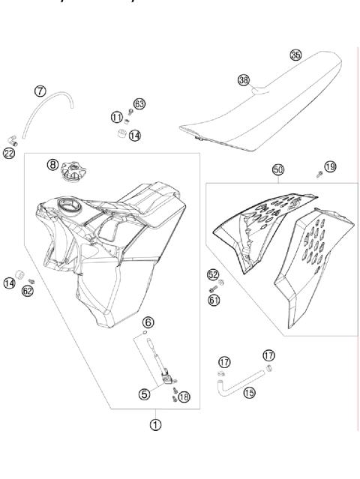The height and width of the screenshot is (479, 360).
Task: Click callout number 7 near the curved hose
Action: click(x=41, y=91)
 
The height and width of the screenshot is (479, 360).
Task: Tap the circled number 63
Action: click(x=139, y=103)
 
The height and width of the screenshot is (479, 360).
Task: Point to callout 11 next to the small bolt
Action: click(x=116, y=116)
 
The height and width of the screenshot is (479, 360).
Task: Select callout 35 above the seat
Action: click(x=295, y=55)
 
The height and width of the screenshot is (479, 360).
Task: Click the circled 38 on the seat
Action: click(x=243, y=79)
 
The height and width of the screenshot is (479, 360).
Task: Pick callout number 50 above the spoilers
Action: click(x=277, y=171)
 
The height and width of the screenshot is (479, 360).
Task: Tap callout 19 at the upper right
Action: click(x=331, y=166)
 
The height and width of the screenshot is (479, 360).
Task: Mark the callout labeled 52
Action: click(x=213, y=275)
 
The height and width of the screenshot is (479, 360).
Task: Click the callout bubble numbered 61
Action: click(x=213, y=300)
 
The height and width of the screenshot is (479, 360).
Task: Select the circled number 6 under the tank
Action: click(x=148, y=322)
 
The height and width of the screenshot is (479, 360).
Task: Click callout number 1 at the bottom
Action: click(x=156, y=424)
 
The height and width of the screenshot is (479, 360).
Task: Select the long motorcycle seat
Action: click(x=259, y=105)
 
